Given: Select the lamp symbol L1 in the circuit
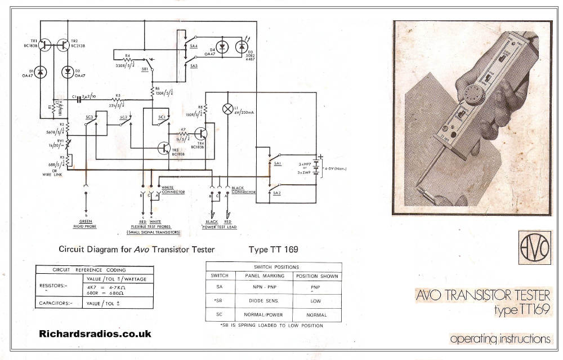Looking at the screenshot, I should point(228,109).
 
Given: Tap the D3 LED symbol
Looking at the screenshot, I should point(244,48).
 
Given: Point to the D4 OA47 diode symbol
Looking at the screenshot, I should point(222,47).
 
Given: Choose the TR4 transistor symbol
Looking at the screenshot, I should point(202,134).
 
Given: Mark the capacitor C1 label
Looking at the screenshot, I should point(74,97).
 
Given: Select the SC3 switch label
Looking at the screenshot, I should point(89,117).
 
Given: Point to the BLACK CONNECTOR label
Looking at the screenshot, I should point(243,189).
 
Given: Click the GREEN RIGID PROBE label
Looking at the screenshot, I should point(86,225).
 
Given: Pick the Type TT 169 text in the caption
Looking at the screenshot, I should point(273,249).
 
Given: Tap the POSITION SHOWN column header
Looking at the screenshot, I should point(316,276).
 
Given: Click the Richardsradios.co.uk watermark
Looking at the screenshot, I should point(95,334).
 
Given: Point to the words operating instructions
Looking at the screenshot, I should point(500,339).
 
